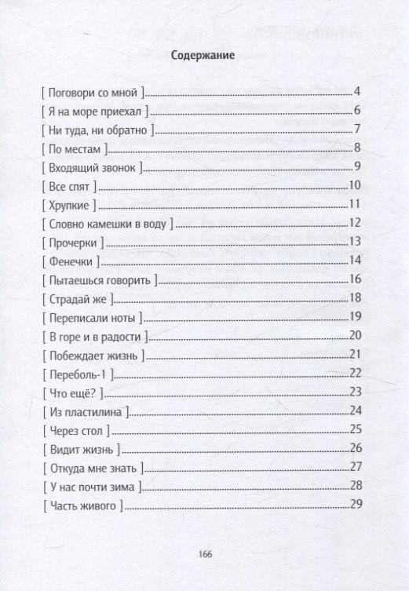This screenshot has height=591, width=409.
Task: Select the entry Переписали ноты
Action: (x=88, y=316)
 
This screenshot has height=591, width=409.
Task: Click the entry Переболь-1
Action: (x=78, y=373)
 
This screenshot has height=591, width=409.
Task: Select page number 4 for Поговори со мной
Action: (x=356, y=91)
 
